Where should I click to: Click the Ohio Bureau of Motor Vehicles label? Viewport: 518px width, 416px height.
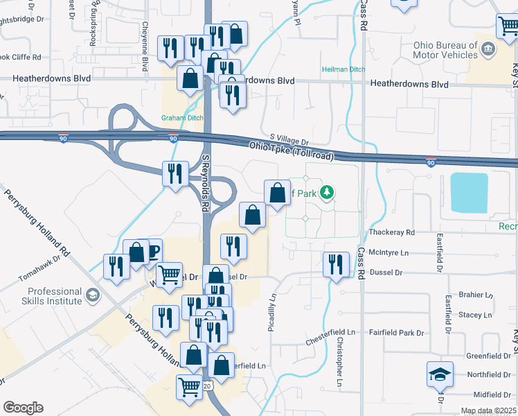tap(445, 51)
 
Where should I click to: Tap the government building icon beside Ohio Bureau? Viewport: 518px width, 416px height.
tap(488, 49)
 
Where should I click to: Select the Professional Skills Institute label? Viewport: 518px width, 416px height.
tap(45, 297)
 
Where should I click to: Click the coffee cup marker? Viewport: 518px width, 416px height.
tap(152, 251)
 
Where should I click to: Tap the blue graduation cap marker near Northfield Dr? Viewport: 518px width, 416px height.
tap(440, 374)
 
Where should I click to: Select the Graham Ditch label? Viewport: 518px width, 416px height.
tap(182, 117)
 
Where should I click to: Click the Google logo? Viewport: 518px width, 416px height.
tap(23, 408)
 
